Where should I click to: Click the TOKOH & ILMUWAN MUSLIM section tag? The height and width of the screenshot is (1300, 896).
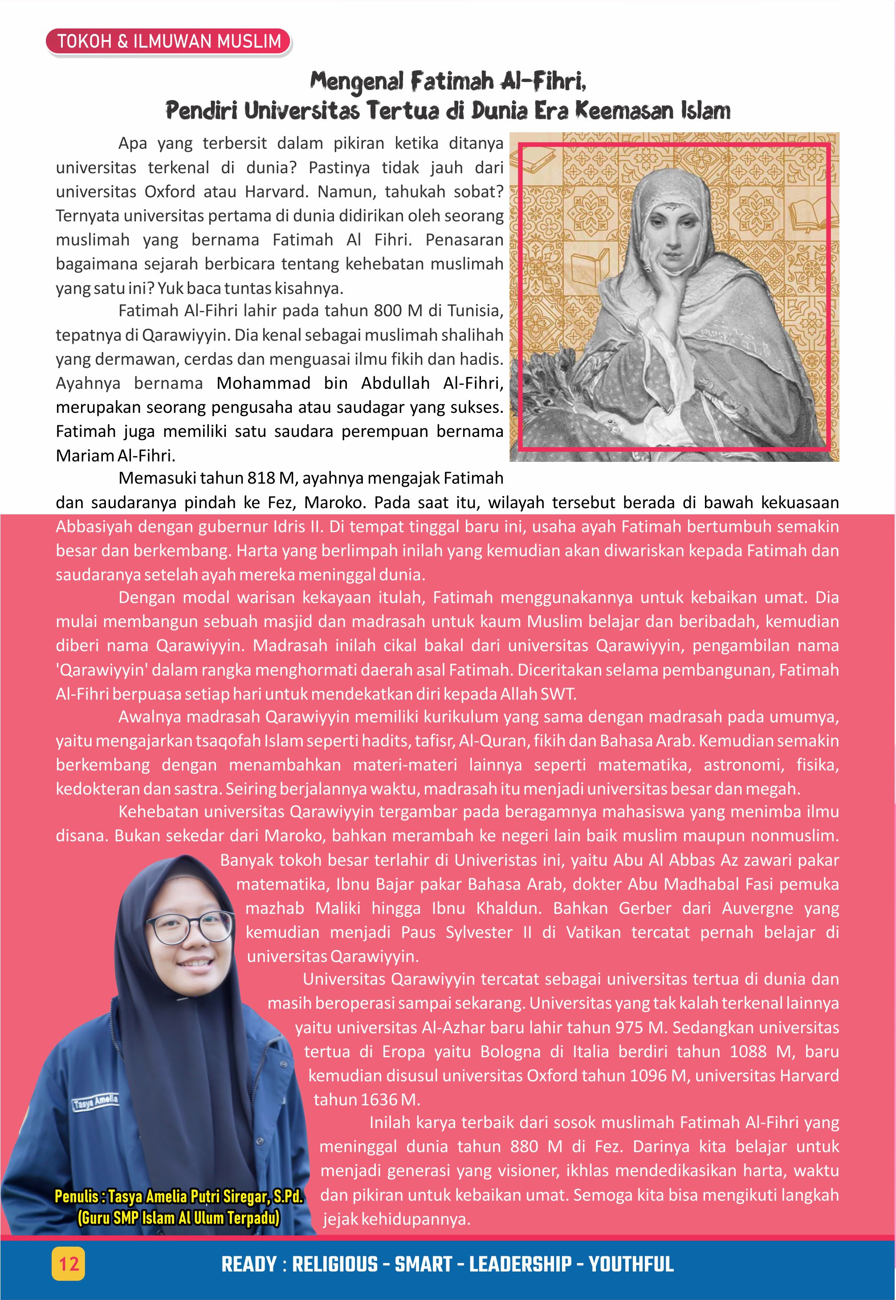pos(168,41)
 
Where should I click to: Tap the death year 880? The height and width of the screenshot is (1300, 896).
pos(523,1147)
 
